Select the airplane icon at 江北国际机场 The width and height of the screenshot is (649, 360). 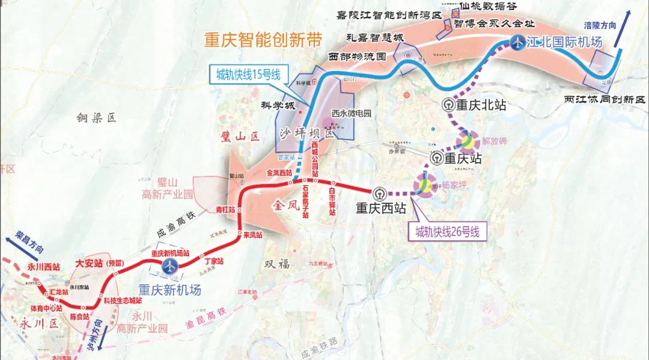[x=517, y=41]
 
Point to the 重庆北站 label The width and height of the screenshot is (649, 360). [x=480, y=105]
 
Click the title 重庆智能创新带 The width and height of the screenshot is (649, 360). [x=263, y=40]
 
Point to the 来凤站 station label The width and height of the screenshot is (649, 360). [x=252, y=235]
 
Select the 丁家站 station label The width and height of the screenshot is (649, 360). [x=214, y=261]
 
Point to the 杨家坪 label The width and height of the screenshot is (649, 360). [x=454, y=185]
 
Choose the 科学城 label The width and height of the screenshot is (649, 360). [x=278, y=105]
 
